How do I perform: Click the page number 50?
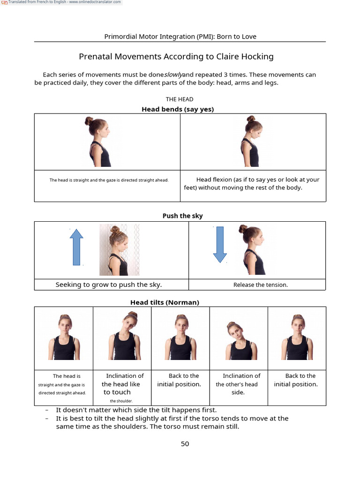[x=185, y=444]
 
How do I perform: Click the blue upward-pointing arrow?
[x=76, y=247]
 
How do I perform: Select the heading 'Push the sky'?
[x=182, y=216]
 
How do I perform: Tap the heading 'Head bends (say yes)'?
[x=178, y=109]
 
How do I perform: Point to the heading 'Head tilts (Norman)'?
[x=165, y=302]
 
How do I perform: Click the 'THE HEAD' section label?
[x=180, y=99]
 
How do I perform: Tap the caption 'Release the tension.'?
[x=261, y=285]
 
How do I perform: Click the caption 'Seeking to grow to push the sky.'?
[x=109, y=285]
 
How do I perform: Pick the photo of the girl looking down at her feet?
[x=252, y=142]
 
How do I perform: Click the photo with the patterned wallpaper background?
[x=120, y=250]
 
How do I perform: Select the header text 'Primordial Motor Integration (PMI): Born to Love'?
[x=180, y=37]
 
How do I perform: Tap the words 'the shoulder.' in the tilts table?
[x=121, y=401]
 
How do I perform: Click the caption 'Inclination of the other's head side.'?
[x=238, y=384]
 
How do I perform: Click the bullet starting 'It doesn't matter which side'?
[x=136, y=410]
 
